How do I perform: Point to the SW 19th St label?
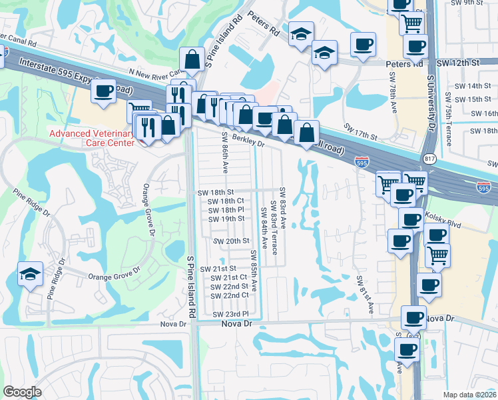[226, 219]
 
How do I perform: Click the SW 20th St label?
[230, 241]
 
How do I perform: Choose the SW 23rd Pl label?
[230, 314]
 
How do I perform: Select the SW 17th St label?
[360, 131]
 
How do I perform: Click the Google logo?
[23, 392]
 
